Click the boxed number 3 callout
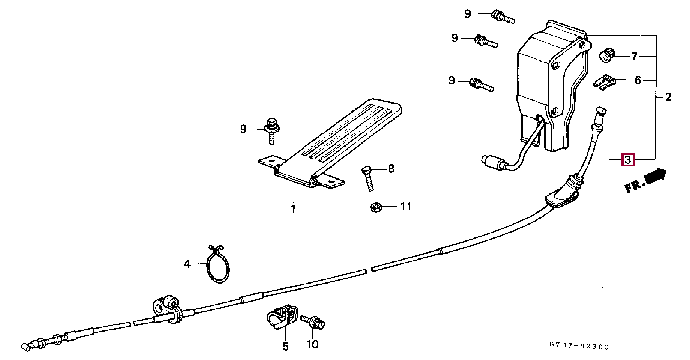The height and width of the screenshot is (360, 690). (x=628, y=160)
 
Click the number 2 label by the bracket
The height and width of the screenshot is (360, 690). (x=668, y=97)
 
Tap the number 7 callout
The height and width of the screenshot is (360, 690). (x=634, y=57)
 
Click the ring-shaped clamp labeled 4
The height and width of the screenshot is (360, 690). (x=218, y=264)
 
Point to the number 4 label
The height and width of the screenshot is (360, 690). (x=187, y=264)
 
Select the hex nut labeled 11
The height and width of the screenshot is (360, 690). (x=376, y=207)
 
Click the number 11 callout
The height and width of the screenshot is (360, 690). (x=406, y=206)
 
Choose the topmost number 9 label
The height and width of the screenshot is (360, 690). (x=467, y=14)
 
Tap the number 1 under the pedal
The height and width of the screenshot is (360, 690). (x=293, y=208)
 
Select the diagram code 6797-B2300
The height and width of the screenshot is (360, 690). (x=579, y=346)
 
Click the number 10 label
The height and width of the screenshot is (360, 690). (x=312, y=344)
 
